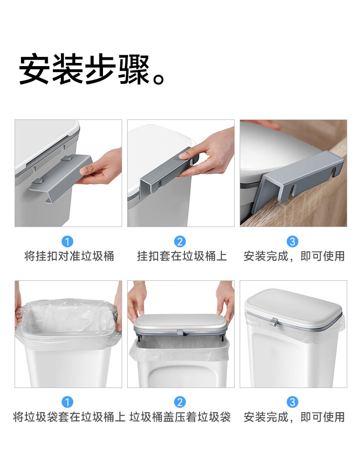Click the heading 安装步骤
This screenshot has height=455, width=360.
(84, 69)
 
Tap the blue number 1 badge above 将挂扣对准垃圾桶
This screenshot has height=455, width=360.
(67, 242)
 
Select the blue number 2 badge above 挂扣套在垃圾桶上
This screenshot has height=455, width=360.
(180, 242)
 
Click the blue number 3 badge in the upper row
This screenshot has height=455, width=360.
(293, 242)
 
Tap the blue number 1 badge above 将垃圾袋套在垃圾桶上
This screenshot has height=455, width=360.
(67, 402)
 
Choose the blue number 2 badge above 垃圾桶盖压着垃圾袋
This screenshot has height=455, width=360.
(180, 402)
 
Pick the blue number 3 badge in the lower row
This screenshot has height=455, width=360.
(293, 402)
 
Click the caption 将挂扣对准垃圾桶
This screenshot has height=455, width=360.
(69, 256)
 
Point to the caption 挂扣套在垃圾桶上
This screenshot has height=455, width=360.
(182, 256)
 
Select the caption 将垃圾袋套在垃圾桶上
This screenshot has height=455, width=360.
(69, 417)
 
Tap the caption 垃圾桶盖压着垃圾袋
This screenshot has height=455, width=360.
(180, 417)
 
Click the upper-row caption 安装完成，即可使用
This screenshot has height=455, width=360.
(294, 256)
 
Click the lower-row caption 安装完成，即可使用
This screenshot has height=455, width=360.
(294, 417)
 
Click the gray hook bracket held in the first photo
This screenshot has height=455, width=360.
(61, 177)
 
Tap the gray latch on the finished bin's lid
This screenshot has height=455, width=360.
(274, 321)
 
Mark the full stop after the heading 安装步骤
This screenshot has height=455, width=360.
(159, 78)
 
